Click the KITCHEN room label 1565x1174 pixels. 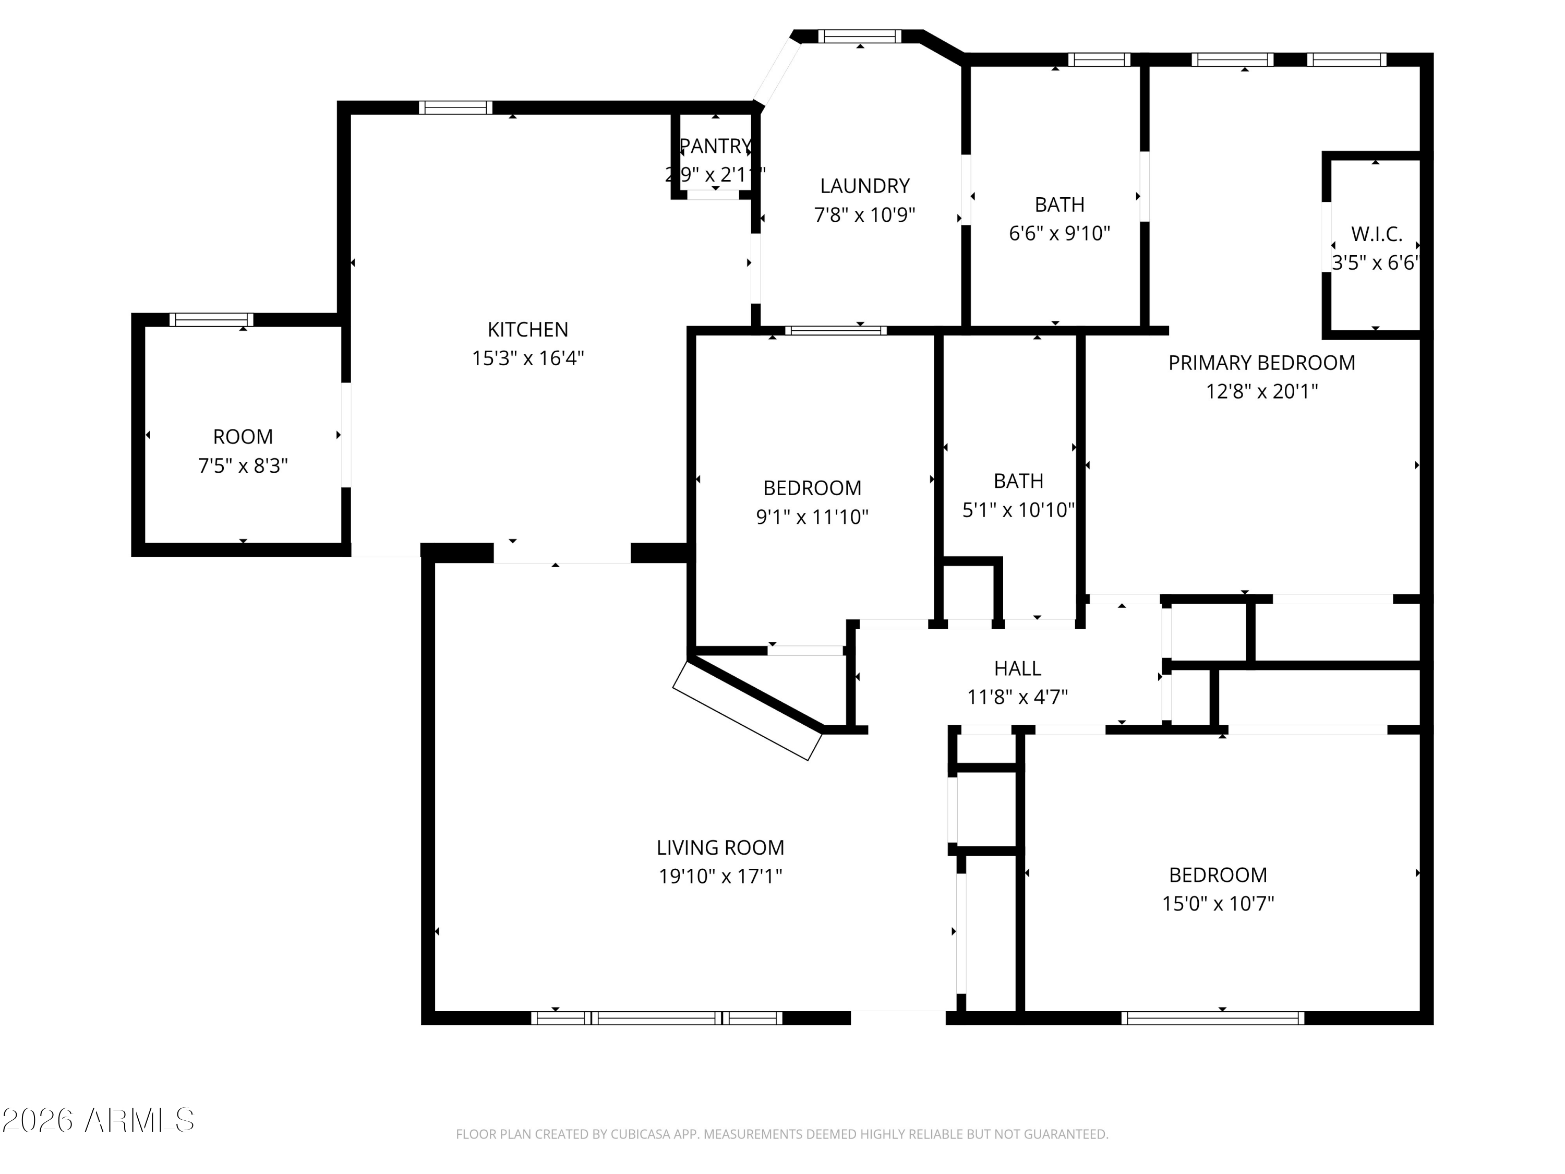coord(528,329)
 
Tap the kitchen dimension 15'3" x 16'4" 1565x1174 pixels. coord(528,358)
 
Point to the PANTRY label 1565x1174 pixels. coord(715,146)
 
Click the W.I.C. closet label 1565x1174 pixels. coord(1376,234)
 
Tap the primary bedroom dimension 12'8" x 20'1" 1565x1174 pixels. coord(1261,391)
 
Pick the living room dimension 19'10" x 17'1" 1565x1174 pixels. coord(720,877)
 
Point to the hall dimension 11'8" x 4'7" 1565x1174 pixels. coord(1017,698)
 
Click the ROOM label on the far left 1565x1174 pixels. coord(243,437)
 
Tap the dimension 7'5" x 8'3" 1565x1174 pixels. coord(243,465)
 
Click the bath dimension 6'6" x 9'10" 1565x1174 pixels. coord(1059,234)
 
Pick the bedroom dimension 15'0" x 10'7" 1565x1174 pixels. coord(1218,904)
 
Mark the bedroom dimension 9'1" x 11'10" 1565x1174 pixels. coord(812,517)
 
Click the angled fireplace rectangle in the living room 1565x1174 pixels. coord(747,711)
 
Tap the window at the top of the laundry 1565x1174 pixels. coord(860,36)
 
